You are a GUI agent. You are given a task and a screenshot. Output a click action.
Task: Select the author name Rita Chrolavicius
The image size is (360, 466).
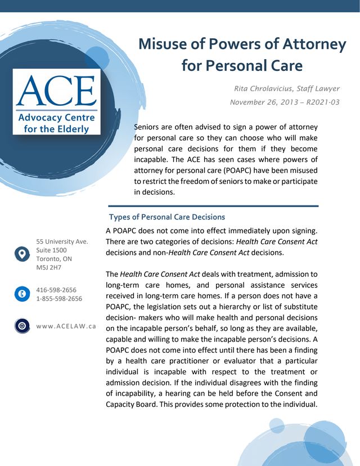click(264, 89)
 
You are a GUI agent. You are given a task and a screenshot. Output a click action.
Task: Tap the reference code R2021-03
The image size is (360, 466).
click(319, 102)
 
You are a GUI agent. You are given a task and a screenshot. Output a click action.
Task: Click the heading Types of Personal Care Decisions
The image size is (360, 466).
click(166, 217)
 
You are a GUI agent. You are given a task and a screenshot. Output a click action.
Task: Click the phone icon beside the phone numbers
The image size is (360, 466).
click(21, 294)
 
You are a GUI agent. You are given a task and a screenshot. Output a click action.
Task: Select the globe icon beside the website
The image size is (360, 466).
click(21, 326)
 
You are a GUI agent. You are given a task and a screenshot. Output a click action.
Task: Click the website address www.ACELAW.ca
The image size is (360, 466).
click(66, 326)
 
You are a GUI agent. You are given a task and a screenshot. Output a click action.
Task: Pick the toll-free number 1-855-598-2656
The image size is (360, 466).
click(59, 299)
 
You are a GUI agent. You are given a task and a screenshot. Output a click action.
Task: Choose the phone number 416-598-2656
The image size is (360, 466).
click(56, 290)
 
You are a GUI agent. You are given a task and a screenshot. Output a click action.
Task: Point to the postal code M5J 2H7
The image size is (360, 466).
click(49, 267)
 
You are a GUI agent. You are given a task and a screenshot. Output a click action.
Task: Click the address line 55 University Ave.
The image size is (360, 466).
click(62, 241)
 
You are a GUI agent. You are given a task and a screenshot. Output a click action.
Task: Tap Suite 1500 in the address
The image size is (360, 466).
click(51, 250)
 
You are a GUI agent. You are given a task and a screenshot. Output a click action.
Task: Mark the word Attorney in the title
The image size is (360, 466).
click(314, 44)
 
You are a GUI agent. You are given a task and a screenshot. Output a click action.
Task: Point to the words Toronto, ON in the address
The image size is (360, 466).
click(54, 259)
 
